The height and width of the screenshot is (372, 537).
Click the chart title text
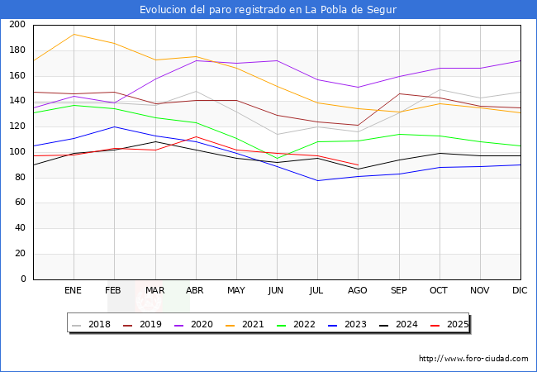268,10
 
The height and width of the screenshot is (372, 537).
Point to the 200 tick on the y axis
17,25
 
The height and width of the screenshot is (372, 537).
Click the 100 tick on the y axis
17,152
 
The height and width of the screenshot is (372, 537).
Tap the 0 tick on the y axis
23,279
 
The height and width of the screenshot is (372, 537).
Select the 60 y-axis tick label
20,203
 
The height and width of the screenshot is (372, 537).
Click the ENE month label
74,291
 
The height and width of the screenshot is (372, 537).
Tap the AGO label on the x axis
358,291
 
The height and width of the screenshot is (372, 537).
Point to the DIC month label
520,291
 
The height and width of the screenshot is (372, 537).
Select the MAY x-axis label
236,291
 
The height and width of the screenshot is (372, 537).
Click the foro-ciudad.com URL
473,359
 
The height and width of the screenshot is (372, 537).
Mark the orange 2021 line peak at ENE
74,34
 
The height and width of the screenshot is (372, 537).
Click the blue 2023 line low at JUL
317,180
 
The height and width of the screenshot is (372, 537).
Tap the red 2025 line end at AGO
358,165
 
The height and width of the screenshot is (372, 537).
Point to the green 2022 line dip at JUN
277,159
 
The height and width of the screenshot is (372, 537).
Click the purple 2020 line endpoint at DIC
520,60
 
